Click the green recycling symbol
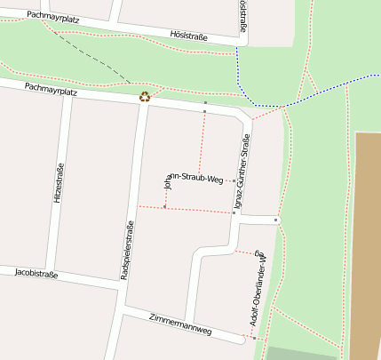144,97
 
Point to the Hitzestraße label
60,183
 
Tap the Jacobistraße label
36,274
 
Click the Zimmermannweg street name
180,323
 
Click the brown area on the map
367,240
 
